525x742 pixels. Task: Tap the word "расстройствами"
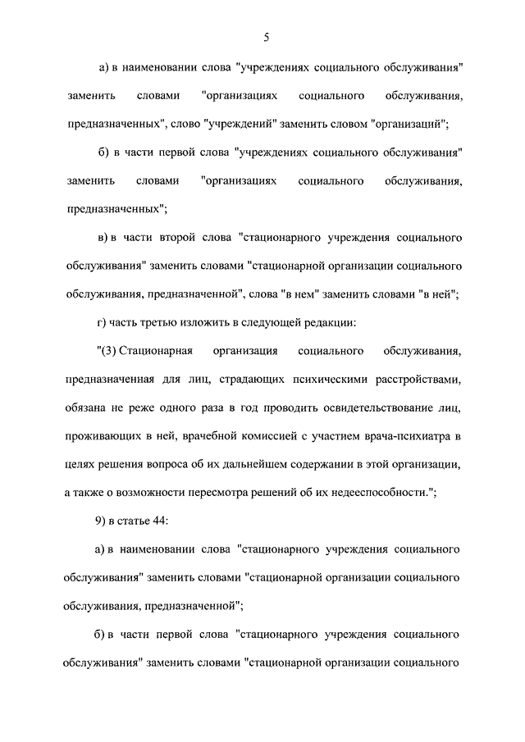pyautogui.click(x=413, y=380)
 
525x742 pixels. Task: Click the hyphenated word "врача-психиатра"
pyautogui.click(x=404, y=435)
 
